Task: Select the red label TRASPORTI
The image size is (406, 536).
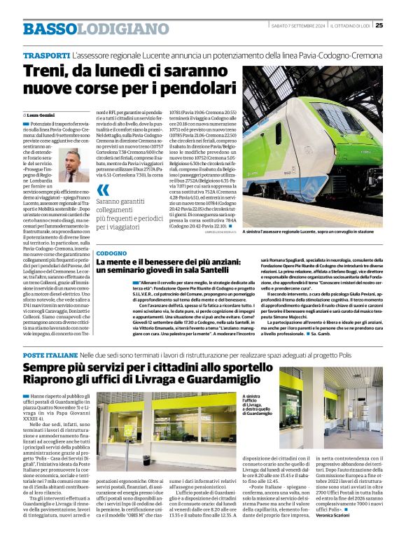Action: coord(46,55)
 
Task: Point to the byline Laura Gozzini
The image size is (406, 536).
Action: coord(41,115)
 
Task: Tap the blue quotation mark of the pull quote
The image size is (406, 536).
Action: coord(103,190)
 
